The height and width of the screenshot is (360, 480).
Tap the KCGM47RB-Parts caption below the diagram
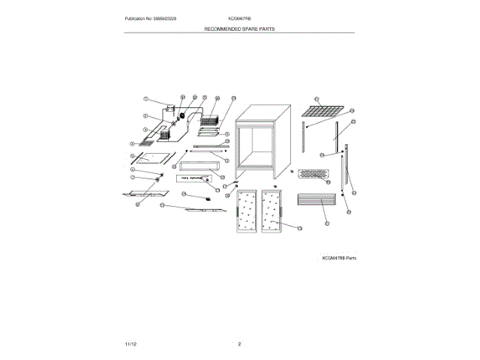point(338,257)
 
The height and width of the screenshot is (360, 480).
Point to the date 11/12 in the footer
point(130,343)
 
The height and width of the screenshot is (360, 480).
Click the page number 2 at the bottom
point(239,343)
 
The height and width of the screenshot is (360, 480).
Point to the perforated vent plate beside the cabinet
point(313,174)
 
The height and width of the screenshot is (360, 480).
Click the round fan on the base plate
point(181,115)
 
